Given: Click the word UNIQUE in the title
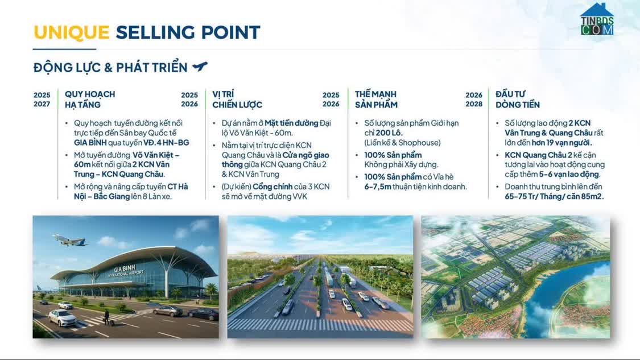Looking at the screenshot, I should pos(71,32).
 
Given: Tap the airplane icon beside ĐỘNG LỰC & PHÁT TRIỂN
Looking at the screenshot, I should pos(200,67).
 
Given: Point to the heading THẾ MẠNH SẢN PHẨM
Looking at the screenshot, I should pos(376,100).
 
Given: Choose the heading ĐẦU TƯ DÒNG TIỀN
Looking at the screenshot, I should pos(517,100).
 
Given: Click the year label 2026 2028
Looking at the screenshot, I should pos(473,100).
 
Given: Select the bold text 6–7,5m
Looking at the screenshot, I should pos(378,187).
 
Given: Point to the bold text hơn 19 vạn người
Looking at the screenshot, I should pos(561,143).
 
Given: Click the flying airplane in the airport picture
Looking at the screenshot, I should pos(70,239).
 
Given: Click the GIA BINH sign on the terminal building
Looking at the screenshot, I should pos(125,269).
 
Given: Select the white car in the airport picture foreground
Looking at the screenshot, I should pos(62,317).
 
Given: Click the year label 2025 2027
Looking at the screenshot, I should pos(42,100).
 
